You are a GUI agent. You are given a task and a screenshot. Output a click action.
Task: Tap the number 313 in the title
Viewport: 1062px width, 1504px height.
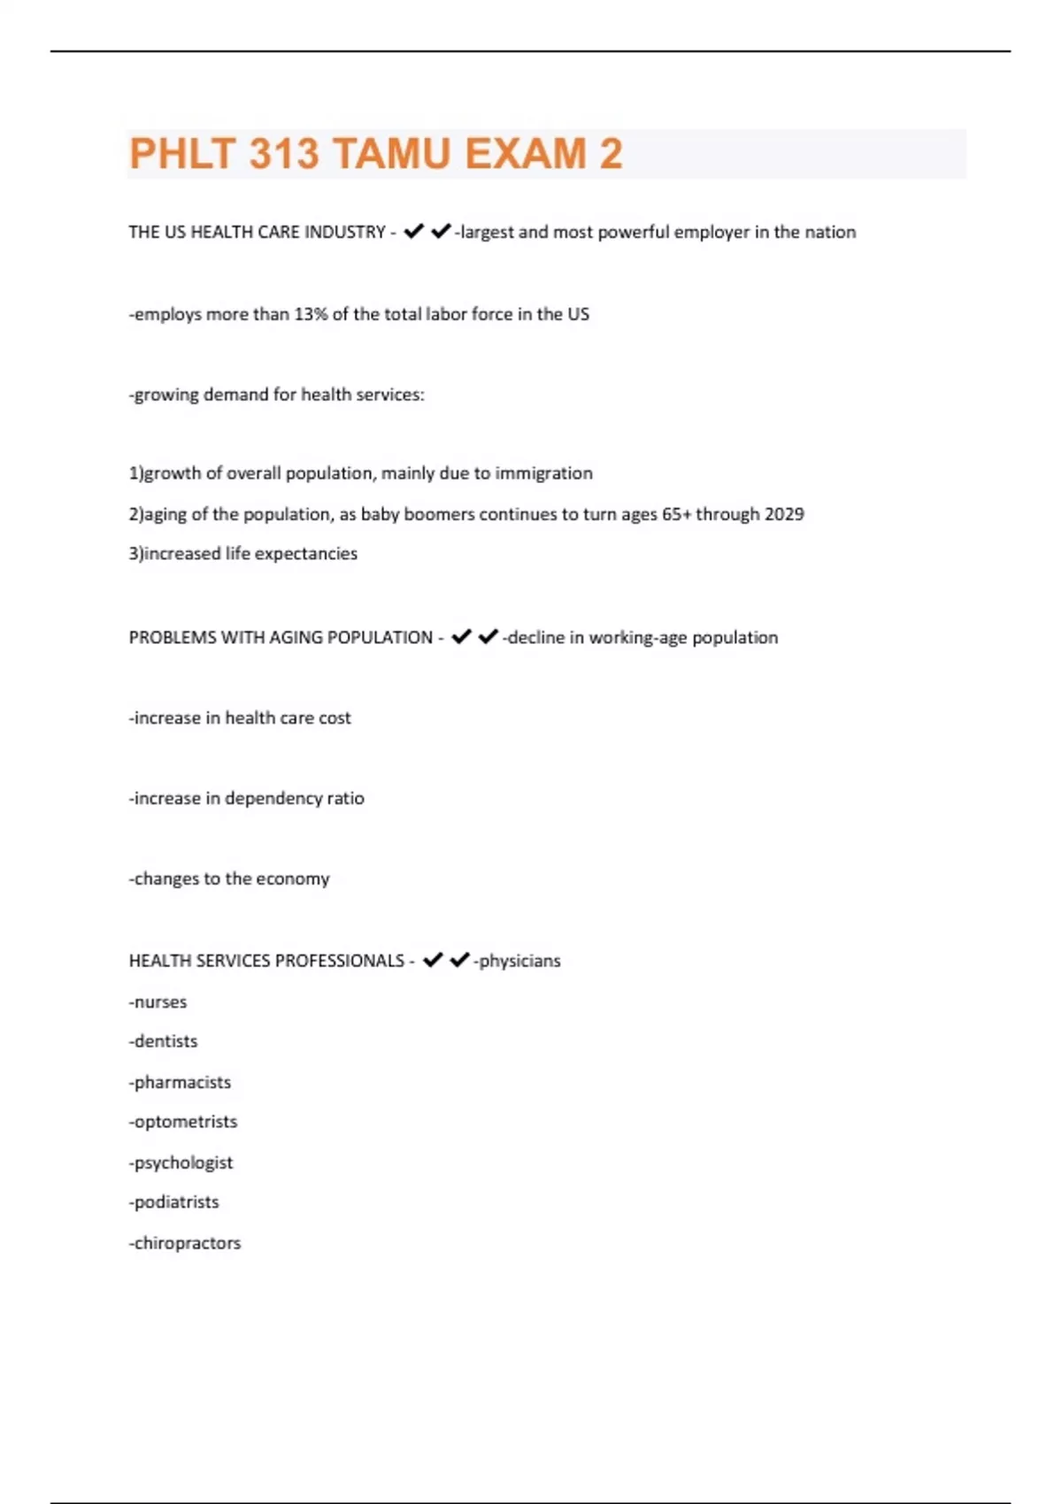click(x=283, y=154)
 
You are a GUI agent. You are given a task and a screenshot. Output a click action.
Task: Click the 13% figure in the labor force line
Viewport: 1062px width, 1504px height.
click(x=311, y=314)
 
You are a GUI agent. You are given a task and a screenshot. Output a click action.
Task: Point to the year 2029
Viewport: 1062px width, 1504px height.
click(x=784, y=514)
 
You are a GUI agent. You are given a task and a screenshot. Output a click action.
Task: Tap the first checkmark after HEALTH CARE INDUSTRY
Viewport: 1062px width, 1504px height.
click(x=413, y=231)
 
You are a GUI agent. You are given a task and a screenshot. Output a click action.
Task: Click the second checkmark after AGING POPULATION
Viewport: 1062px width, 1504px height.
click(x=488, y=636)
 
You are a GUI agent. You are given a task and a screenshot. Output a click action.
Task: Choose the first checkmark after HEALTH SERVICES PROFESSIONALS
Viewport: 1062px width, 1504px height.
click(x=433, y=960)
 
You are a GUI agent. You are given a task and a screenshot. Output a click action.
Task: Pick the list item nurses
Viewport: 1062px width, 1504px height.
click(x=160, y=1002)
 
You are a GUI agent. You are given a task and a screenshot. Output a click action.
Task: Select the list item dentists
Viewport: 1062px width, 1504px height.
click(x=165, y=1041)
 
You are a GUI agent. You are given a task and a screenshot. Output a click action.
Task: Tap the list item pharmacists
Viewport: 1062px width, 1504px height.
click(x=182, y=1082)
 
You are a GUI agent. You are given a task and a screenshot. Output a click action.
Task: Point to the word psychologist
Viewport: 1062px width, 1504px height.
click(x=183, y=1163)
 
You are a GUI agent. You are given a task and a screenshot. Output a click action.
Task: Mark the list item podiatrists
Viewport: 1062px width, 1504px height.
click(x=176, y=1202)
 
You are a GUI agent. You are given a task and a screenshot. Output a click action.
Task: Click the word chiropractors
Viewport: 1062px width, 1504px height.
click(x=187, y=1243)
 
